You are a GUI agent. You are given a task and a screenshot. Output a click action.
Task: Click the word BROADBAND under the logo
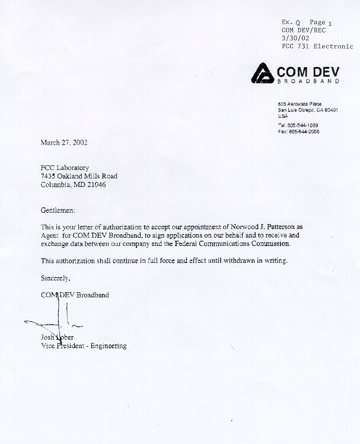click(308, 81)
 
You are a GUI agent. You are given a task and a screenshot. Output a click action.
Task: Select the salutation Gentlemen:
click(58, 210)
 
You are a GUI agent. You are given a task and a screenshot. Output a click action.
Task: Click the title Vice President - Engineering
click(83, 346)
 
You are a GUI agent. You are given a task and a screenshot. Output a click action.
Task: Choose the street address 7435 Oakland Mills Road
click(79, 176)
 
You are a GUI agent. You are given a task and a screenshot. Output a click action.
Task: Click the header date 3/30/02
click(295, 37)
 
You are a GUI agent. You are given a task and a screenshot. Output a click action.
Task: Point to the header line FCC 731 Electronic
click(317, 46)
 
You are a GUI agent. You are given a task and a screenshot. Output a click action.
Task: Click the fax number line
click(302, 131)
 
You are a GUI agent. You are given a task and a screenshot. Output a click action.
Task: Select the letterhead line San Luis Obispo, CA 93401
click(308, 110)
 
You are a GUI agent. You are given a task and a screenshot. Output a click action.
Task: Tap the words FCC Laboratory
click(65, 168)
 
